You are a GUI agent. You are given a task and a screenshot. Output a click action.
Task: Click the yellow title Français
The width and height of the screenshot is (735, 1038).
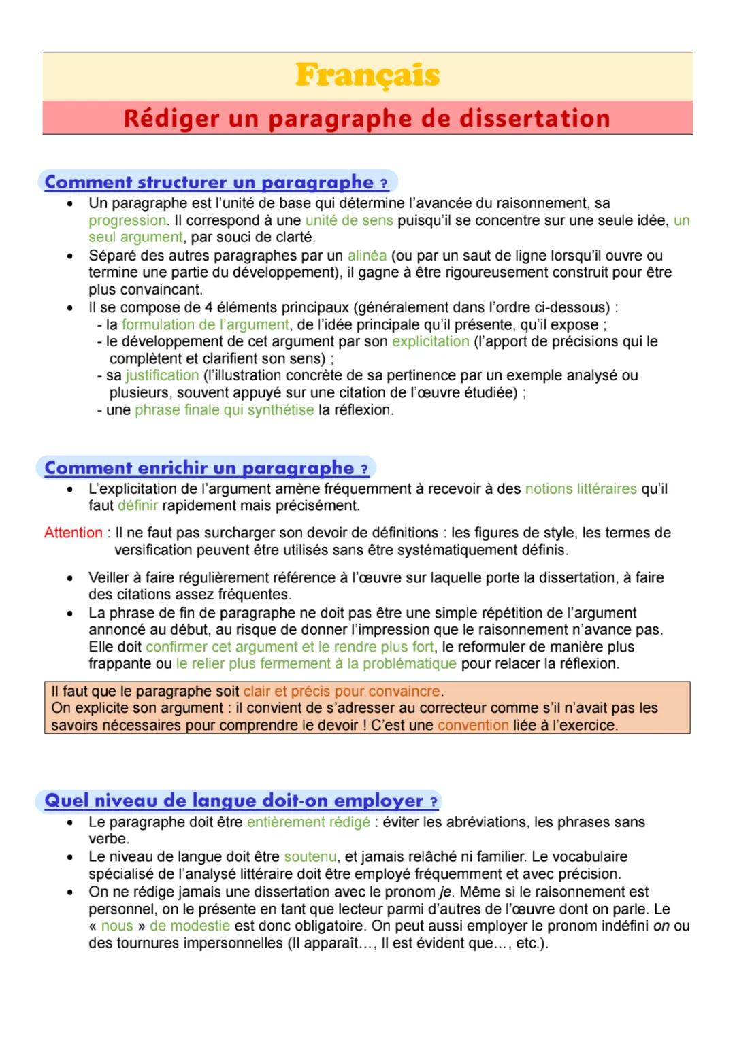click(367, 75)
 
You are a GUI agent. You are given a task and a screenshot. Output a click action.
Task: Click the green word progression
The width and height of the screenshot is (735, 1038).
click(127, 220)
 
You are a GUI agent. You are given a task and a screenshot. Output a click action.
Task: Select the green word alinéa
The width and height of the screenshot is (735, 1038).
click(367, 256)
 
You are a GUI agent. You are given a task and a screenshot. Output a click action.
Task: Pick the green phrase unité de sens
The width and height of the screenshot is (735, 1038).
click(349, 220)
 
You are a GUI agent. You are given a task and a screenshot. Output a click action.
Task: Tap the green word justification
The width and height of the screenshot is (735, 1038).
click(162, 375)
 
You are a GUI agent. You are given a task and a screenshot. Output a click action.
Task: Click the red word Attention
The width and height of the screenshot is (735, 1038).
click(73, 533)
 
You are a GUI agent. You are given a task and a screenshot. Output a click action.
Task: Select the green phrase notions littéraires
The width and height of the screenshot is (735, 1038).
click(581, 489)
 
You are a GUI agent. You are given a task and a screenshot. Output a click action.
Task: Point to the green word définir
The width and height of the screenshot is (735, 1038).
click(137, 506)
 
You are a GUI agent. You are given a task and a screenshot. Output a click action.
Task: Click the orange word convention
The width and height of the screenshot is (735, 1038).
click(473, 725)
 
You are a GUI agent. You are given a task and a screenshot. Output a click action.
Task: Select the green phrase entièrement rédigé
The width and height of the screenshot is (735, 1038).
click(308, 822)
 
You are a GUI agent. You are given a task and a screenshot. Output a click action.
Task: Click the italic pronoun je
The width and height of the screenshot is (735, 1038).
click(446, 892)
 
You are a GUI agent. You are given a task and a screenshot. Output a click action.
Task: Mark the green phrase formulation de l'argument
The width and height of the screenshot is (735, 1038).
click(205, 324)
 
